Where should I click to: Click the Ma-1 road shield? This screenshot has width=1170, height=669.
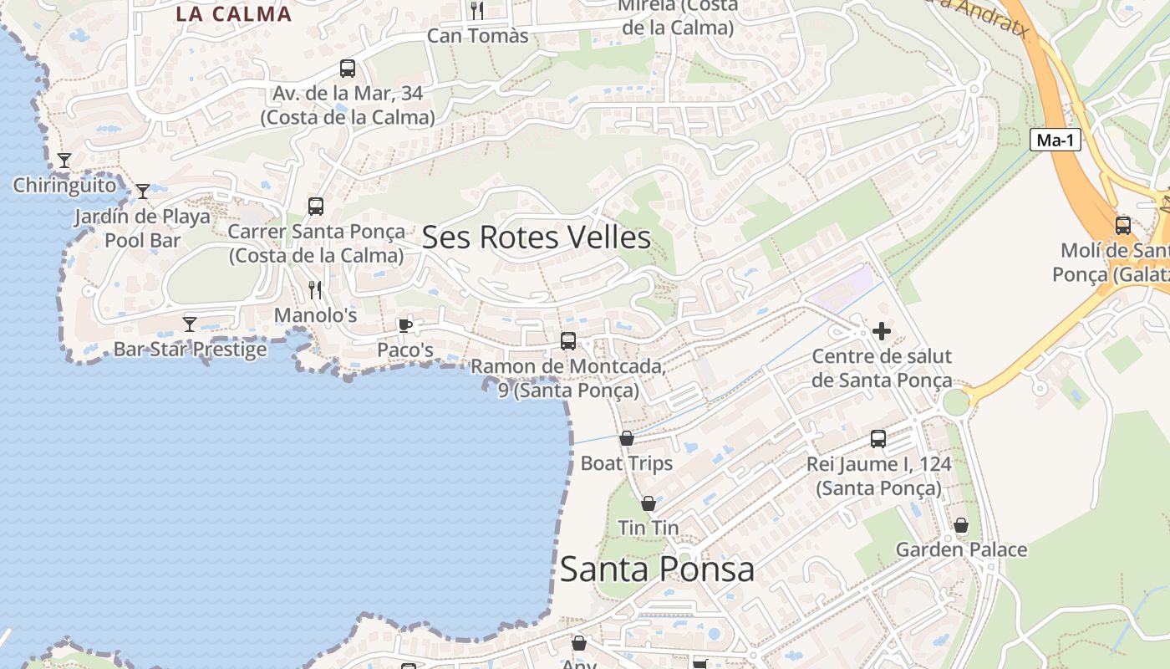[1055, 140]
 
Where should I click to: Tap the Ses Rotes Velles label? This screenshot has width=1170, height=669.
[537, 237]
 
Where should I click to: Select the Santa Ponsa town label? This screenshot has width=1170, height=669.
[657, 569]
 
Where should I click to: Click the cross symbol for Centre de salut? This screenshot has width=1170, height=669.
[881, 331]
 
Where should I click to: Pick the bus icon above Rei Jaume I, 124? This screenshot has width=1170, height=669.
[878, 439]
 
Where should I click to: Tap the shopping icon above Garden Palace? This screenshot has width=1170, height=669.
[961, 525]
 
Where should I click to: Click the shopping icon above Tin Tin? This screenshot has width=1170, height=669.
[648, 503]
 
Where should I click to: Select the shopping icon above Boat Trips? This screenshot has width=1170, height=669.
[627, 438]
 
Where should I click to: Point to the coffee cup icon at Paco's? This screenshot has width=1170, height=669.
[405, 325]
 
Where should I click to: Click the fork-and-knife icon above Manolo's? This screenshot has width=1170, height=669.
[315, 290]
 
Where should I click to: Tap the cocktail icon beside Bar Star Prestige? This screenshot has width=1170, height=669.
[190, 324]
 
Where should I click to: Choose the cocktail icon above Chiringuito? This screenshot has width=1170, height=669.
[64, 160]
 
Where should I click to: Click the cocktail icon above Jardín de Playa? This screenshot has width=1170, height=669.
[143, 192]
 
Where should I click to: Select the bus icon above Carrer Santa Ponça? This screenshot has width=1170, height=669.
[316, 207]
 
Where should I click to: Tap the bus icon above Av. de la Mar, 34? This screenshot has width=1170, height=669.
[348, 69]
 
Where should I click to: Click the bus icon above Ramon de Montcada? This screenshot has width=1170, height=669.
[568, 341]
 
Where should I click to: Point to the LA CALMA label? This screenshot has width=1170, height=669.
[233, 14]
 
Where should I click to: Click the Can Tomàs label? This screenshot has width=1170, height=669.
[478, 35]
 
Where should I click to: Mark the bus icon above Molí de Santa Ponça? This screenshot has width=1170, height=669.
[1123, 225]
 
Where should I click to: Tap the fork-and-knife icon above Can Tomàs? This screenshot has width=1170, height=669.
[477, 10]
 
